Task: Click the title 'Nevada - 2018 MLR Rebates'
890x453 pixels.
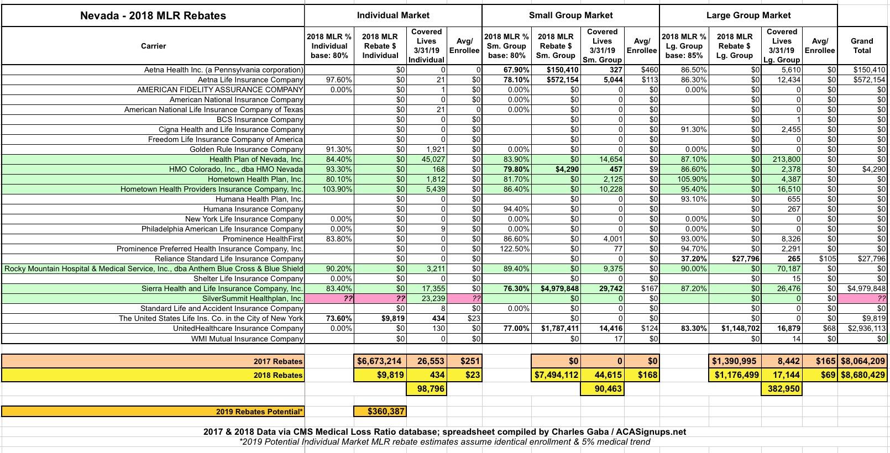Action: (153, 15)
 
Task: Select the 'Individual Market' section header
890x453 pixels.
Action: (393, 15)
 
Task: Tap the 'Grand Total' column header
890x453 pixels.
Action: (862, 46)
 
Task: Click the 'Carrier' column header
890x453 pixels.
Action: (153, 46)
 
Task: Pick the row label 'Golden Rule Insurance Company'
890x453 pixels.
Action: (246, 150)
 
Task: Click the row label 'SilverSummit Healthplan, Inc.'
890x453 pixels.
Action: (253, 299)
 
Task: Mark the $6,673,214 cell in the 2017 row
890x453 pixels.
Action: (379, 361)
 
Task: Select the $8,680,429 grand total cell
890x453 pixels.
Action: (863, 375)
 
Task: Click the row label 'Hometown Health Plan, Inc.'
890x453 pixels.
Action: (255, 180)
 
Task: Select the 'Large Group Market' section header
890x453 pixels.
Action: (748, 15)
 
